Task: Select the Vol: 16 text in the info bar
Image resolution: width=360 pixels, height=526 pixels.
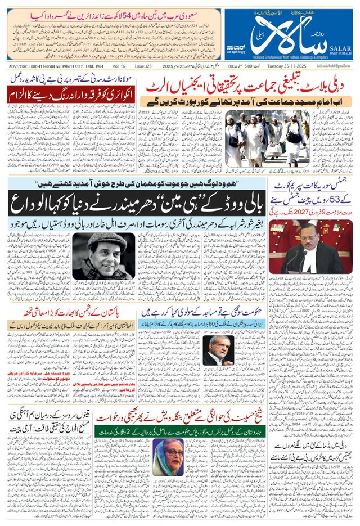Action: point(119,65)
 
